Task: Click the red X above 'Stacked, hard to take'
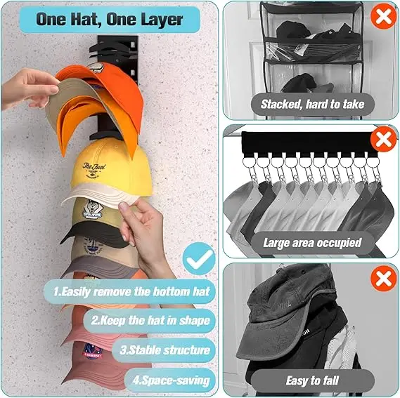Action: (x=383, y=15)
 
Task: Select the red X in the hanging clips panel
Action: (x=383, y=140)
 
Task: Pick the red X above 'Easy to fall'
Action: (x=383, y=279)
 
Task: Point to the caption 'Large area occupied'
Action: (x=311, y=243)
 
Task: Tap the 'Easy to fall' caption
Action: (x=311, y=381)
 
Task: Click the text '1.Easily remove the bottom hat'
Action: (x=131, y=290)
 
